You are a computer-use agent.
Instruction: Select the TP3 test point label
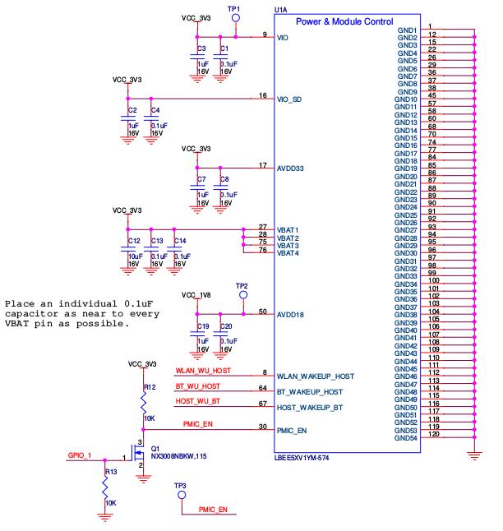click(181, 487)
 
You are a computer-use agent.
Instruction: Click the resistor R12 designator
click(150, 386)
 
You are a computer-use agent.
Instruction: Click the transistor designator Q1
click(155, 449)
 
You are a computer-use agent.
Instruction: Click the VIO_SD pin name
click(289, 99)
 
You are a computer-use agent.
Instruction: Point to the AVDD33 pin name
click(291, 169)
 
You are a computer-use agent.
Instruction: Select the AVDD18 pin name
click(291, 315)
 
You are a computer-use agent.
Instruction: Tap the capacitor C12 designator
click(132, 241)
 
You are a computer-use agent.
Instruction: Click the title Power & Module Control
click(344, 21)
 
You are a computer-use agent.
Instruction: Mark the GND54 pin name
click(407, 439)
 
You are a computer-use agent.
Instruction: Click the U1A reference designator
click(280, 9)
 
